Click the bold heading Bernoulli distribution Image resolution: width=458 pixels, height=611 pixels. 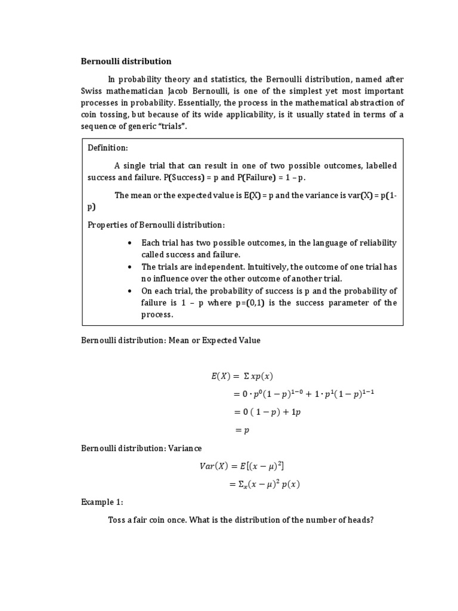click(x=126, y=61)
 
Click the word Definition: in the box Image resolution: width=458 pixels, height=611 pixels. click(x=108, y=148)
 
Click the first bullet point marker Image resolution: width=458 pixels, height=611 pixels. click(x=129, y=243)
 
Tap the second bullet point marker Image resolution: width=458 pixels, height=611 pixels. click(x=129, y=267)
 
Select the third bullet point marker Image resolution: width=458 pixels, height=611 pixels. click(x=129, y=291)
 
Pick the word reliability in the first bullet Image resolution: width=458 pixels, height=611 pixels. click(x=376, y=243)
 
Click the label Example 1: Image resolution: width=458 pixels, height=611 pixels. click(x=101, y=502)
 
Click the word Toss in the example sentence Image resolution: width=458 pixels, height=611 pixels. click(x=117, y=520)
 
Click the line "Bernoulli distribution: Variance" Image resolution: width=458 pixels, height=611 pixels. click(x=142, y=448)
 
